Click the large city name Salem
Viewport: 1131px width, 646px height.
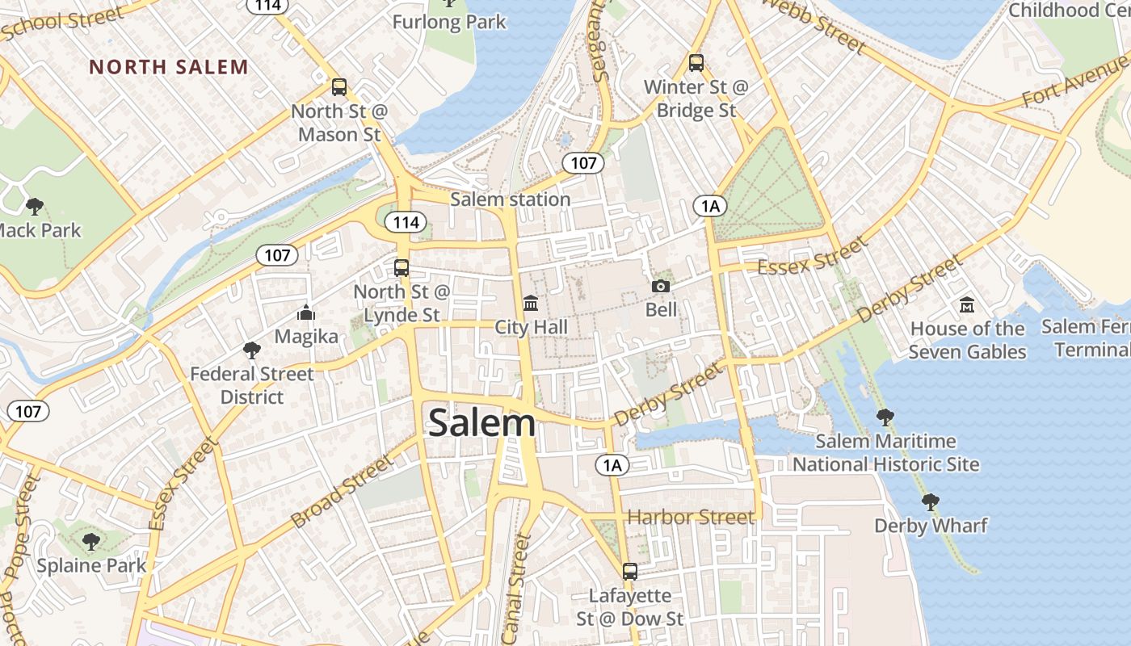481,423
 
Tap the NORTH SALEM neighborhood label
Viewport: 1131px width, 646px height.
169,67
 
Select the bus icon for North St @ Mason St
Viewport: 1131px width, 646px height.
339,87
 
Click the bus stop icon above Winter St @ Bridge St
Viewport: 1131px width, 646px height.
696,62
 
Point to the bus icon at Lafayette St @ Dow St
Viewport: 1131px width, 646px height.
630,572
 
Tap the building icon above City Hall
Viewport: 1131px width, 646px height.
531,303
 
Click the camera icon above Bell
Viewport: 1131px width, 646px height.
661,286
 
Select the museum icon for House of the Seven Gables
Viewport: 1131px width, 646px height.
966,305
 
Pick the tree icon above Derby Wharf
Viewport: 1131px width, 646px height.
930,501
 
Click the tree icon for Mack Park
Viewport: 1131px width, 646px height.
35,206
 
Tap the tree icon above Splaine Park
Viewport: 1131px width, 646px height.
90,540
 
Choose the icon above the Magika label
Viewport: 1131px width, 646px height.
306,312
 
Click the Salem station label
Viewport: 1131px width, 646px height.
510,199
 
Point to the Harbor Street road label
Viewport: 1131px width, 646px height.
691,517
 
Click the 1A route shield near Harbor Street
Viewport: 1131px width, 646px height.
612,464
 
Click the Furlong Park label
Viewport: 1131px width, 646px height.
449,22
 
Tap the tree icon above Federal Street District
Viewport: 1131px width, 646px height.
251,350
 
